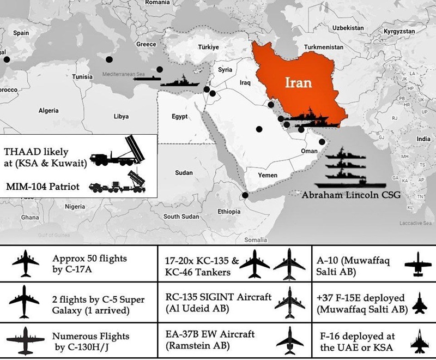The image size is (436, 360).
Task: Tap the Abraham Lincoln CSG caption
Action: pos(349,194)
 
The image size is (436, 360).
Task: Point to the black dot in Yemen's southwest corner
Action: pos(245,195)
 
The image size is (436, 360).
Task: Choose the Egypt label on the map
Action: pos(179,117)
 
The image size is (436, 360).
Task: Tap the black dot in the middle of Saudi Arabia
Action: pos(259,129)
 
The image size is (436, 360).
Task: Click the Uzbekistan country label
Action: pos(347,27)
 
